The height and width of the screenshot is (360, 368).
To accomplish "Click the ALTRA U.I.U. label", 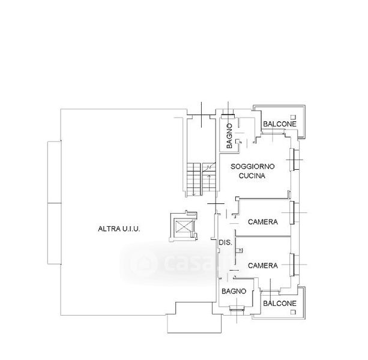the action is [119, 229].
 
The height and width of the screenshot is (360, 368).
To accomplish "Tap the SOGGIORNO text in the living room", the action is [253, 167].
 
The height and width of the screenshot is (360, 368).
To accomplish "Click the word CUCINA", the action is [252, 176].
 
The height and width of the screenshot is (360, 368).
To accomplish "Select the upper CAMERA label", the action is [263, 221].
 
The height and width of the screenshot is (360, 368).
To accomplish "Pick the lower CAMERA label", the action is [263, 265].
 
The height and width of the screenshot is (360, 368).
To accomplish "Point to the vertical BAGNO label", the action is [229, 136].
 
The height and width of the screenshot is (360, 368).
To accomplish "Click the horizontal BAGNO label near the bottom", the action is [234, 291].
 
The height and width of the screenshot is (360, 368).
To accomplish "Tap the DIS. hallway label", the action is [226, 242].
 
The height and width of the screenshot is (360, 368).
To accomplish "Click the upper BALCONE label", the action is [280, 124].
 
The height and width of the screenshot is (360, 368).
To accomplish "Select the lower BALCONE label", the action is [280, 304].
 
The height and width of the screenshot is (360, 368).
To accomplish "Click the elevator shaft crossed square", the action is [183, 227].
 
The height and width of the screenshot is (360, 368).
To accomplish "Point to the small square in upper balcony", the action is [293, 117].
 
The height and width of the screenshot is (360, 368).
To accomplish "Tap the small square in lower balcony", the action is [293, 312].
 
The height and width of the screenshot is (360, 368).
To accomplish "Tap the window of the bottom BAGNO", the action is [237, 308].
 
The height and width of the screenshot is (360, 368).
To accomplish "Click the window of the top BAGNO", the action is [228, 115].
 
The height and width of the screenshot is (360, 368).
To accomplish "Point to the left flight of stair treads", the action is [194, 179].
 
